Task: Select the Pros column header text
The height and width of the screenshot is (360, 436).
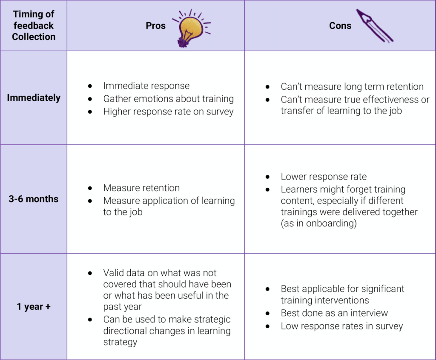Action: point(156,26)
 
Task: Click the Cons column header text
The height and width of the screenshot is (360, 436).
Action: point(340,26)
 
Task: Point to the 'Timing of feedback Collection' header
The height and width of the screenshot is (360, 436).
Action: point(34,25)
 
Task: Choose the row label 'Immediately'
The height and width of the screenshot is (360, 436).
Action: point(34,98)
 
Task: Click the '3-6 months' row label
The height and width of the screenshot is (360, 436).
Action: point(33,199)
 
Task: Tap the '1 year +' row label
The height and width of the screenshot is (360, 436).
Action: point(34,307)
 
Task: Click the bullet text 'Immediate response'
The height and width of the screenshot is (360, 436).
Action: point(146,86)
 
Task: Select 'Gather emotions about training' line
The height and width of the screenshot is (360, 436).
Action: point(169,99)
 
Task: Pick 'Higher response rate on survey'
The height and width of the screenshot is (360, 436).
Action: point(169,111)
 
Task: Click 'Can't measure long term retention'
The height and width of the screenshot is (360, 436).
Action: point(352,86)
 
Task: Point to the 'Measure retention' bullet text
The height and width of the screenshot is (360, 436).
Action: point(141,188)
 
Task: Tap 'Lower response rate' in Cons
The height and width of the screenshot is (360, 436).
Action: point(324,177)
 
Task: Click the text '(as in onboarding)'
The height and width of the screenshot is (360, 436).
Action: point(318,223)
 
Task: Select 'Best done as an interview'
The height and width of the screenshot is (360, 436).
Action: point(334,313)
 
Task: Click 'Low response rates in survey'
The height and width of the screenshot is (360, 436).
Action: point(342,326)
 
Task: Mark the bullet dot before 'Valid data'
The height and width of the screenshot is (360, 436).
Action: point(90,273)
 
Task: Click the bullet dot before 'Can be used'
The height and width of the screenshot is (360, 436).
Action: point(90,320)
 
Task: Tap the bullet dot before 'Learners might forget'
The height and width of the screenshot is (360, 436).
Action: point(267,190)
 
